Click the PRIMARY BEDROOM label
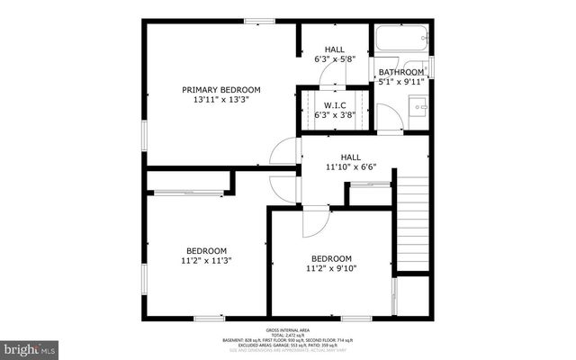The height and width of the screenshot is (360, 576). point(221,89)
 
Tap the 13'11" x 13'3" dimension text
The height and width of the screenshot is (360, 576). point(221,100)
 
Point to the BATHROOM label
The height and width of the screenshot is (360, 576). point(400,72)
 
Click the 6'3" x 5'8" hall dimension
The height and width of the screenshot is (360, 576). point(335,59)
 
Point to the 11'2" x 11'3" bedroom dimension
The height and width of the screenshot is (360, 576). point(207,261)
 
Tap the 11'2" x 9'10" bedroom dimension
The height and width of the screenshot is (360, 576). point(332,268)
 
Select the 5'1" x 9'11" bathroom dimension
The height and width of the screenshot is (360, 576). point(400,82)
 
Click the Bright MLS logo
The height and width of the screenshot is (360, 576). point(30,347)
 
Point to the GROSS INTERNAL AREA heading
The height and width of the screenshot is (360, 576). point(287,329)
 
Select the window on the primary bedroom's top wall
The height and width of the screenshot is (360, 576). point(259,22)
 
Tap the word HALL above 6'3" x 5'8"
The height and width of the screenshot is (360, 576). point(335,49)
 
